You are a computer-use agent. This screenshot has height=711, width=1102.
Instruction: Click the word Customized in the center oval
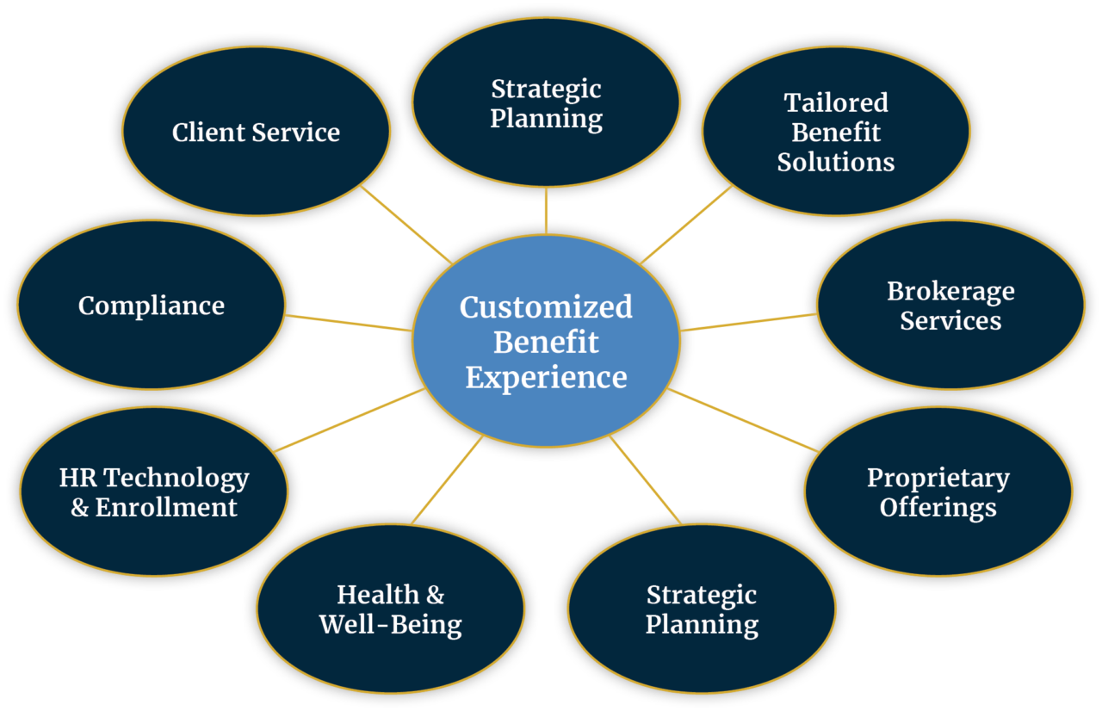pos(546,308)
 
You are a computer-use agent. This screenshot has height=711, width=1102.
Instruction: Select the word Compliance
pos(152,306)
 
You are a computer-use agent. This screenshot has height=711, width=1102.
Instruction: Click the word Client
pos(208,132)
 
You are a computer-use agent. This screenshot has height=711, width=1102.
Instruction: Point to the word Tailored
pos(836,102)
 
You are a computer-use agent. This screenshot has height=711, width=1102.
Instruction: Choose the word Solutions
pos(836,162)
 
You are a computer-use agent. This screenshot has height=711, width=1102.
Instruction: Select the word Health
pos(378,595)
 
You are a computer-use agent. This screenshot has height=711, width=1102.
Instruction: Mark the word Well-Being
pos(391,626)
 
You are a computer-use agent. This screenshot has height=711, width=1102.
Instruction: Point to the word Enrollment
pos(166,508)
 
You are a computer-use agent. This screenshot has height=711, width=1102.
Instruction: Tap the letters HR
pos(77,478)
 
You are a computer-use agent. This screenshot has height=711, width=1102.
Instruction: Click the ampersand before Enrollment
pos(79,508)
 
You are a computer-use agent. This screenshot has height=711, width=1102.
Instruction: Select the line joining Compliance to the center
pos(349,323)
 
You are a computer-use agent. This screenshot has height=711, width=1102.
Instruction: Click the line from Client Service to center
pos(406,226)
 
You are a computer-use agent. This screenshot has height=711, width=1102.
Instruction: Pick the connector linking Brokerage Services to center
pos(749,322)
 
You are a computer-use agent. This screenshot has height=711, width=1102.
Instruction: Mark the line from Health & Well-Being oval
pos(447,480)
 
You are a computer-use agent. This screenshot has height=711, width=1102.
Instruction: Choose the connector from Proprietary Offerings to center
pos(743,420)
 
